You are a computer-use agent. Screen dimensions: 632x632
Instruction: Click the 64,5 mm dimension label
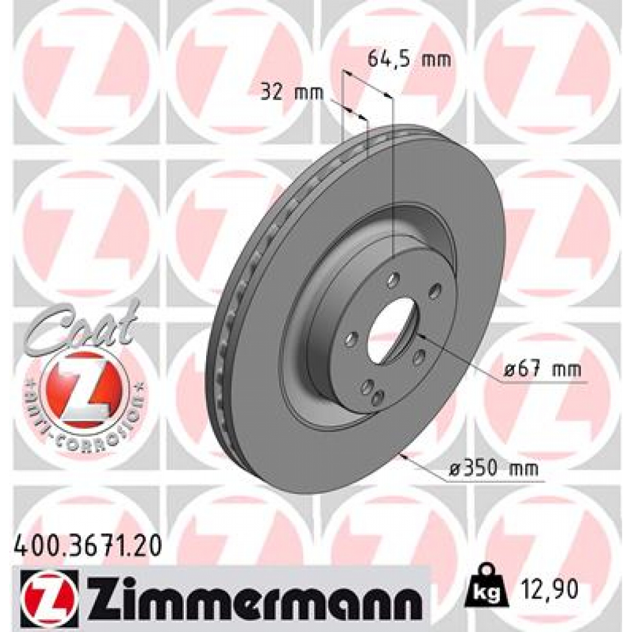coord(409,60)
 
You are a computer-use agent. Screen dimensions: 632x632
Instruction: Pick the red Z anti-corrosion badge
coord(83,389)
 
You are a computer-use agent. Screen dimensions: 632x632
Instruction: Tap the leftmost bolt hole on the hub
coord(352,339)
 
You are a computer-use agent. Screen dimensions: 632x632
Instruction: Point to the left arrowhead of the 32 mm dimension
coord(346,109)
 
